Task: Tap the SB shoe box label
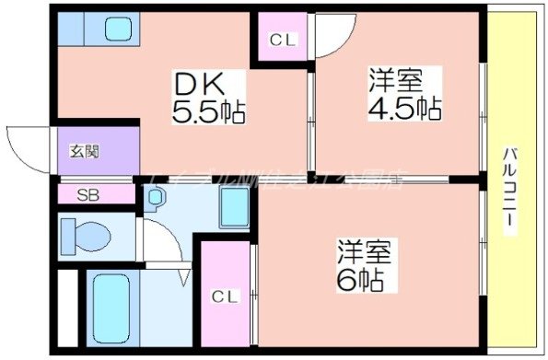[x=87, y=194]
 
